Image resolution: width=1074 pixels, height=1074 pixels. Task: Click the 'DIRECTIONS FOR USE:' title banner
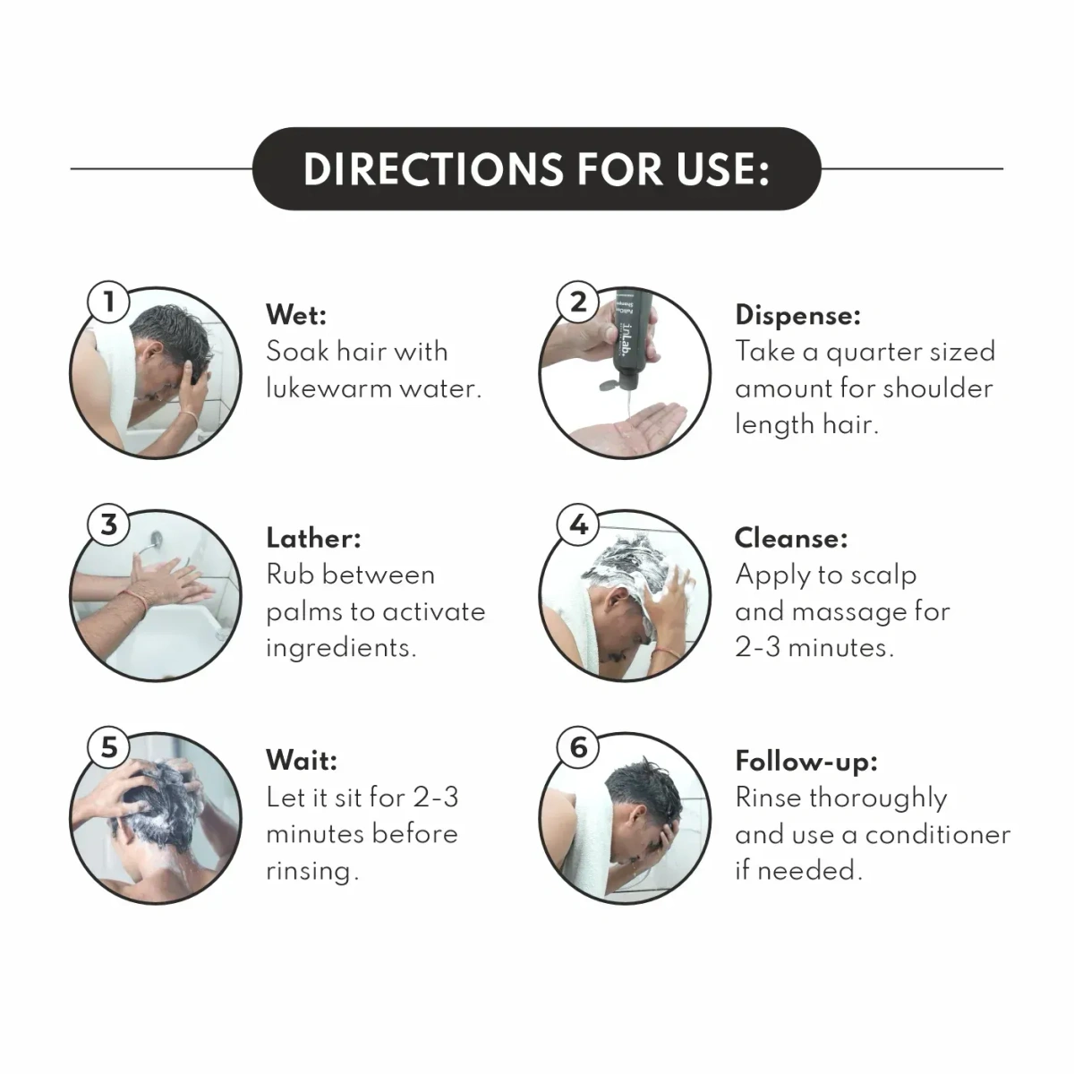point(536,169)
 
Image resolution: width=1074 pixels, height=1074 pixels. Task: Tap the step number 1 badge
point(108,302)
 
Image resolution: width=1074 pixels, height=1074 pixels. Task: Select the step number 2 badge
point(578,302)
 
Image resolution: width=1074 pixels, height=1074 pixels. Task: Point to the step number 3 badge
point(108,524)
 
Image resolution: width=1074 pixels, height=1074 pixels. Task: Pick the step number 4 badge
point(578,524)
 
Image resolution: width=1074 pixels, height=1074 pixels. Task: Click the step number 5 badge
point(108,746)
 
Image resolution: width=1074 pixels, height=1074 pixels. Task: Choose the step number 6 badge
point(578,746)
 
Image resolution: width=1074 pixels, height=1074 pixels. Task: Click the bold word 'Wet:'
point(296,315)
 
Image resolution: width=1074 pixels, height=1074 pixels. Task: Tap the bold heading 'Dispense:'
point(797,315)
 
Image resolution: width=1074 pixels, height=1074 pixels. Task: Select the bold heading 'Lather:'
point(313,538)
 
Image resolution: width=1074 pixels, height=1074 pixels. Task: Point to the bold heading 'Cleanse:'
point(791,538)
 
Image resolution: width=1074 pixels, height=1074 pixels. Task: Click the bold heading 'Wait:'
point(302,761)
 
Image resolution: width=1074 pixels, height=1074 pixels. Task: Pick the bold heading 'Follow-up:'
point(806,761)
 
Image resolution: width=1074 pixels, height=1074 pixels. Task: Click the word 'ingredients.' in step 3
point(341,647)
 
